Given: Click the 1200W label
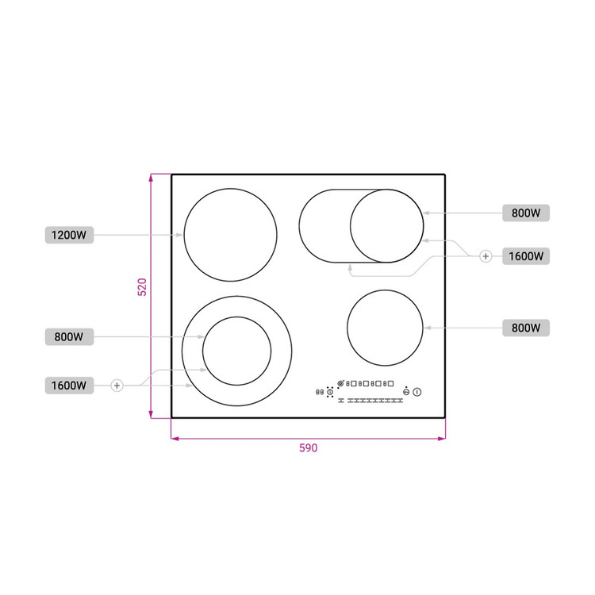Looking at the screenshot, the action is tap(69, 235).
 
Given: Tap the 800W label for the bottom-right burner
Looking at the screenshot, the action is tap(525, 328).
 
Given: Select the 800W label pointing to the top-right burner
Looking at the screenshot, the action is tap(525, 213).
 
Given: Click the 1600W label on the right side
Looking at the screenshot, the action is tap(525, 256).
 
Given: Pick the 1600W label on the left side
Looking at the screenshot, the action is tap(69, 386).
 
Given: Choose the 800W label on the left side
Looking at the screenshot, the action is tap(69, 336).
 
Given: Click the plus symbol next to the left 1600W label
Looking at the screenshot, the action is tap(117, 386).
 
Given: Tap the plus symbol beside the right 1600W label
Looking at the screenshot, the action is tap(486, 256).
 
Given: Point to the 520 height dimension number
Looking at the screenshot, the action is tap(142, 287).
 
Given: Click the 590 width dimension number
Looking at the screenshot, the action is tap(308, 448).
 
